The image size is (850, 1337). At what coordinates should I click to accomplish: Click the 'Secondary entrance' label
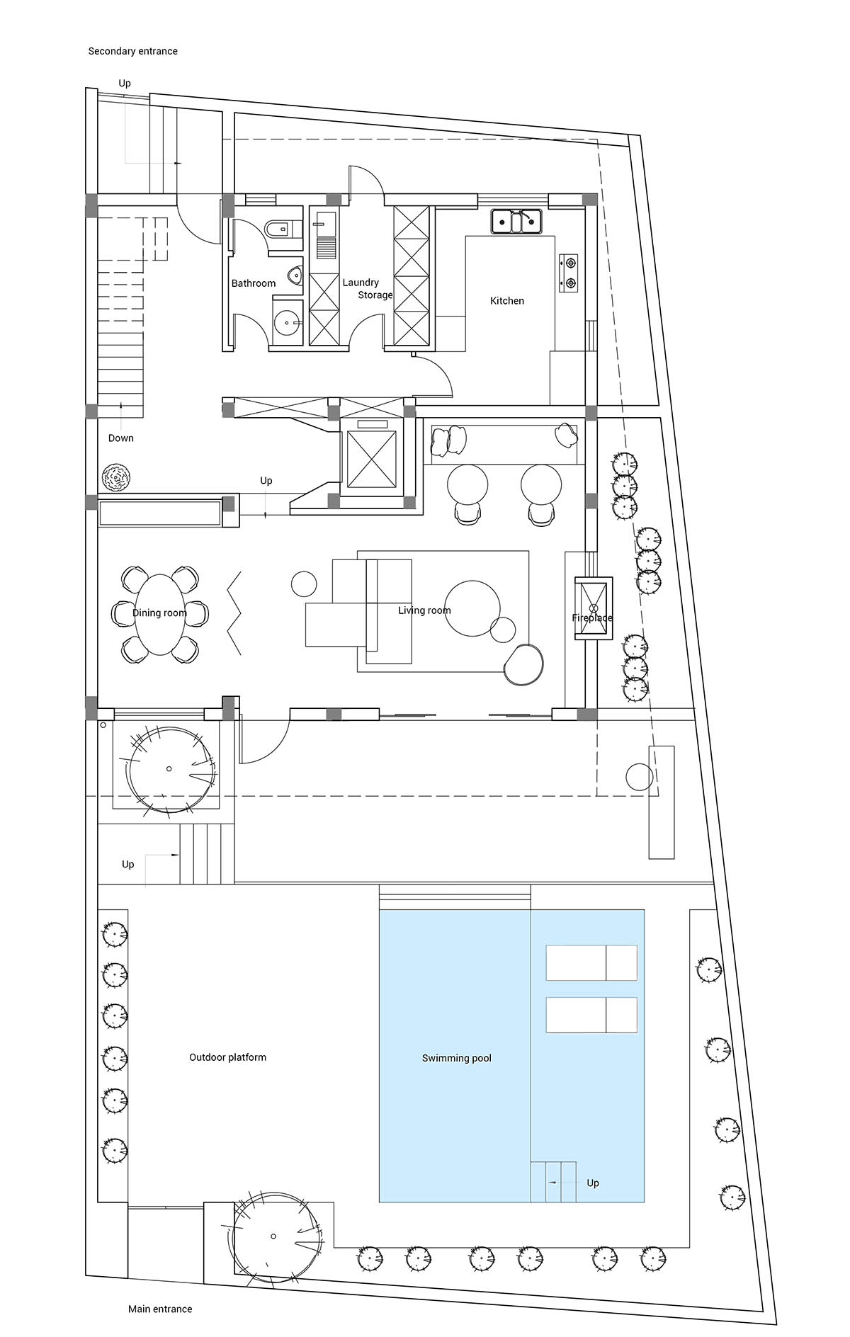point(132,51)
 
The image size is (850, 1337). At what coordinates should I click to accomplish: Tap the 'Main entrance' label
point(160,1309)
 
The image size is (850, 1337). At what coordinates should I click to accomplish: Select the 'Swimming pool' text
point(456,1058)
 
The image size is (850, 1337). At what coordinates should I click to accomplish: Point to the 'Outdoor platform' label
point(227,1057)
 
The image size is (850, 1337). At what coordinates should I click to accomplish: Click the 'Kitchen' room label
point(507,301)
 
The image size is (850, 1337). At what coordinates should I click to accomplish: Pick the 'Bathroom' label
point(254,283)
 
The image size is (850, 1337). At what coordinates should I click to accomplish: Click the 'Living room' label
point(424,610)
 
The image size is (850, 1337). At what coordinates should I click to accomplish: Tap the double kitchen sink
point(516,221)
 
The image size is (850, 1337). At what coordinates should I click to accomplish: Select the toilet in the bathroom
point(283,228)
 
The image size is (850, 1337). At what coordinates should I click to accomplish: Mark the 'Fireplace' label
point(592,618)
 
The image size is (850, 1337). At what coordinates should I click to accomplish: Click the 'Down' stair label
point(121,438)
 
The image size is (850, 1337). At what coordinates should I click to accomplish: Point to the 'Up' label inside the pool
point(593,1183)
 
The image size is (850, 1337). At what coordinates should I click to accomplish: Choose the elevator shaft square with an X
point(370,459)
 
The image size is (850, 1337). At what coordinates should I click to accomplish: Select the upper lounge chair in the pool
point(591,962)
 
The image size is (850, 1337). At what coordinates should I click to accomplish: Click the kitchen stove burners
point(569,273)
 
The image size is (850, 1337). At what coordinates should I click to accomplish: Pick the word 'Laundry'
point(361,283)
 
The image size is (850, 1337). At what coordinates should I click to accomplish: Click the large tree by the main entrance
point(273,1236)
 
